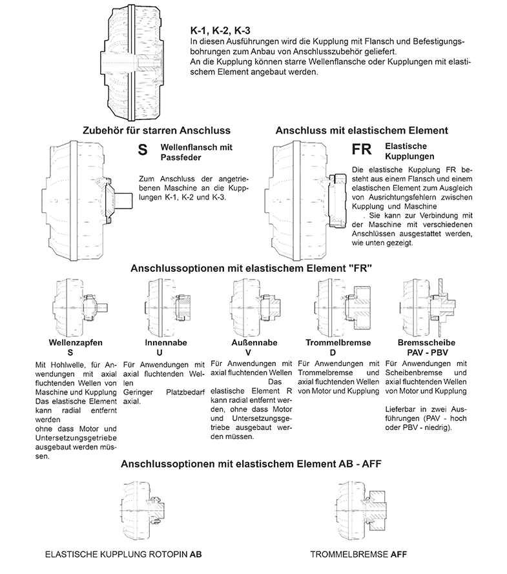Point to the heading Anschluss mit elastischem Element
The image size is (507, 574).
click(x=362, y=130)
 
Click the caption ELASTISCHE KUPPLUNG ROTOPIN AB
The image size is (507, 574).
click(x=125, y=554)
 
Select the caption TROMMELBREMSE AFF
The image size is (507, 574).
click(x=358, y=554)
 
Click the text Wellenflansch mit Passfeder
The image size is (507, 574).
click(x=196, y=152)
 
